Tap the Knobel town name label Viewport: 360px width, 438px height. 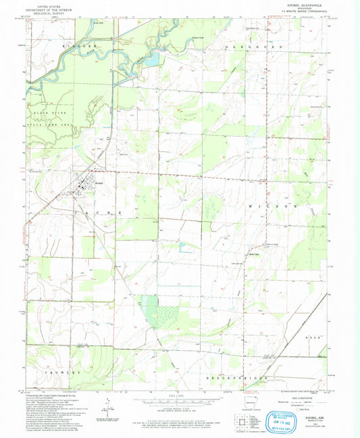tap(98, 183)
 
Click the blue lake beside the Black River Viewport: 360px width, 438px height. tap(152, 59)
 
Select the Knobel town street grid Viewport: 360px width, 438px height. tap(86, 182)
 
